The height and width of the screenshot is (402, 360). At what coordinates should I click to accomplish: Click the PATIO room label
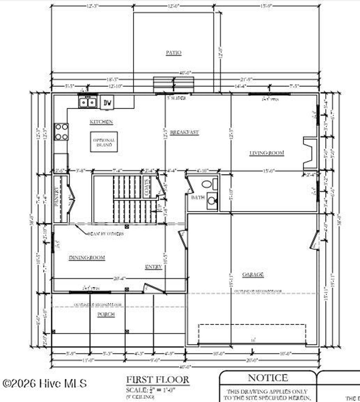[x=173, y=53]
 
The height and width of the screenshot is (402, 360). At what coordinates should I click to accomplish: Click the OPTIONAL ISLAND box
[x=104, y=142]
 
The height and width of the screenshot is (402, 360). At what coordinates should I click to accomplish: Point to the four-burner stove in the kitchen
[x=61, y=132]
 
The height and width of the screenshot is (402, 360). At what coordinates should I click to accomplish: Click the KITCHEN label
[x=101, y=122]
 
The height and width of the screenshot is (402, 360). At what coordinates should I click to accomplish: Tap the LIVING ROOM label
[x=266, y=153]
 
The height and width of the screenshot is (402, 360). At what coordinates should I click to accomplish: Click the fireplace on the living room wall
[x=310, y=151]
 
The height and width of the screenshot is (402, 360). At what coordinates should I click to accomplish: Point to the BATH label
[x=198, y=198]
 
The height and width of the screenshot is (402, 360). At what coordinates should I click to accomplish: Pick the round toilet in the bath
[x=207, y=184]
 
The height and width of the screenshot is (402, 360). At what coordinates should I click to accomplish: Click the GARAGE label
[x=253, y=274]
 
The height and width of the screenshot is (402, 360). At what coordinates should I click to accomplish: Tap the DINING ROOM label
[x=86, y=258]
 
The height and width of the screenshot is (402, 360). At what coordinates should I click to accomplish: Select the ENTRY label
[x=153, y=267]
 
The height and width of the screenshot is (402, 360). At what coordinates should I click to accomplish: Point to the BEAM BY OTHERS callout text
[x=105, y=234]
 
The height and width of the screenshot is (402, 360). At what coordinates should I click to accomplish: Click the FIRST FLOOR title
[x=157, y=380]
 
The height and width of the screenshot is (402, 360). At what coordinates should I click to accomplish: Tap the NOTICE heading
[x=268, y=378]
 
